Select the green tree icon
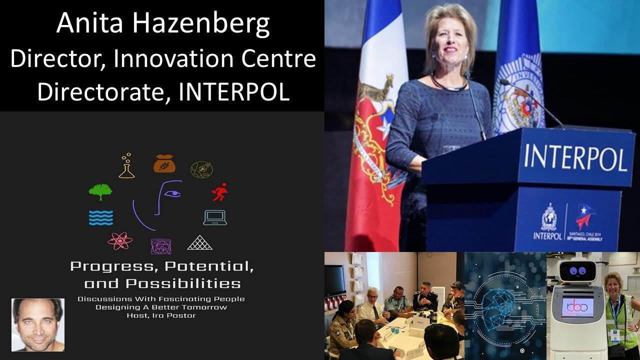(x=100, y=191)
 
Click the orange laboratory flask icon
(x=126, y=166)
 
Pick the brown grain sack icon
(x=164, y=163)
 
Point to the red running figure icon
(x=219, y=192)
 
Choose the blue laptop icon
(x=215, y=217)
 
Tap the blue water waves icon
(x=100, y=217)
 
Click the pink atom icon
(x=120, y=241)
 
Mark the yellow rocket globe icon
(x=201, y=170)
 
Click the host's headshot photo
(x=38, y=325)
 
